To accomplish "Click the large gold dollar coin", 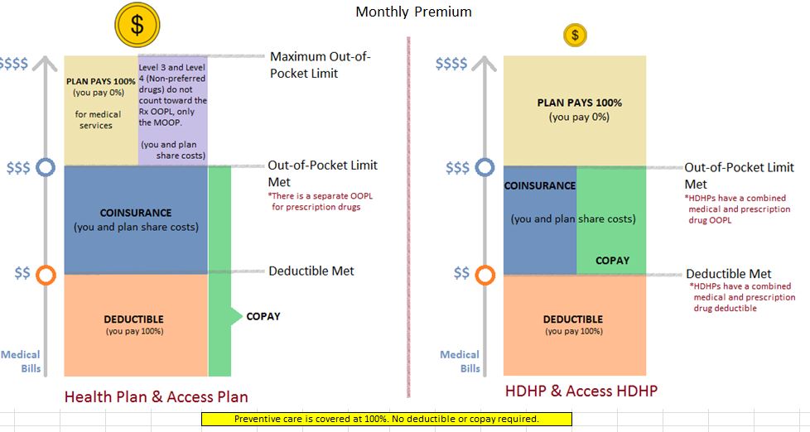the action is tap(137, 25).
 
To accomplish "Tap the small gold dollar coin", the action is tap(575, 35).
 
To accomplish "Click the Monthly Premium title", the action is tap(414, 12).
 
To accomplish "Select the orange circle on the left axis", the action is tap(46, 275).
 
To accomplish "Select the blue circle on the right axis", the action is tap(485, 167).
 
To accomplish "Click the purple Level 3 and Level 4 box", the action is tap(172, 110).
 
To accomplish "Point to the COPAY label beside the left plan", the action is tap(263, 316).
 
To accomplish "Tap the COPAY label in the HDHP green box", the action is tap(612, 261).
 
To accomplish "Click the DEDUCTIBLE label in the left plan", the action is tap(134, 319).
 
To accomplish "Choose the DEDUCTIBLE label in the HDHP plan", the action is tap(573, 319).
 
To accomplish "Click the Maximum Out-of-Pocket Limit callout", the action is tap(321, 65).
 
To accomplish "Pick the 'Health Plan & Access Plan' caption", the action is tap(156, 396).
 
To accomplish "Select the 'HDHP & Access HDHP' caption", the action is tap(581, 391).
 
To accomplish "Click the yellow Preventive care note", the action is tap(387, 419).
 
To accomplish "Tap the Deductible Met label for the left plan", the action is tap(311, 271).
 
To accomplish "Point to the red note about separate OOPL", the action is tap(320, 201).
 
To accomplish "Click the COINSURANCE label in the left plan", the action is tap(136, 213).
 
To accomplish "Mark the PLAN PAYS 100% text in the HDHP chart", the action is tap(579, 103).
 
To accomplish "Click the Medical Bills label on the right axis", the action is tap(460, 362).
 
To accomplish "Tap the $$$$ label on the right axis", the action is tap(451, 64).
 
